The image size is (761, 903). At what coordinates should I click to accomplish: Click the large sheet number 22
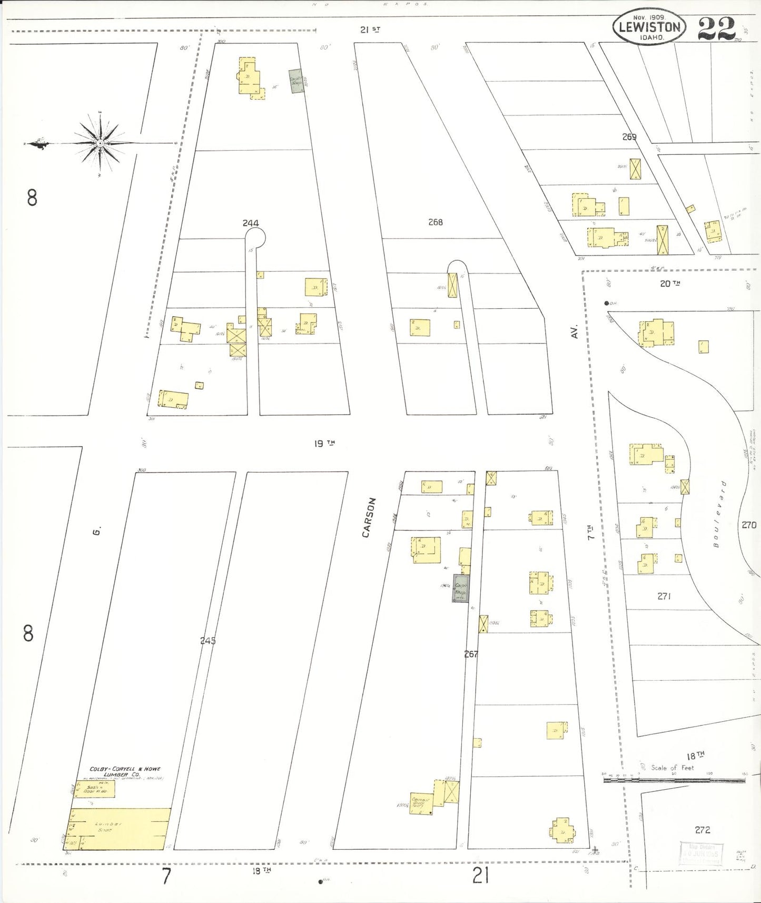point(716,28)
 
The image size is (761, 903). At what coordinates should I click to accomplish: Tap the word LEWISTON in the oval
point(649,27)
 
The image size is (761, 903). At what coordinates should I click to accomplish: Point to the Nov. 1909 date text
point(649,17)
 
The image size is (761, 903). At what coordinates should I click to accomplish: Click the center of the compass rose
point(100,143)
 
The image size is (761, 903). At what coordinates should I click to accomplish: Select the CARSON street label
point(369,517)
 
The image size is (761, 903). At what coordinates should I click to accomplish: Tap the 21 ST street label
point(370,30)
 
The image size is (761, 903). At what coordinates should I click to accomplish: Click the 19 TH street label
point(324,443)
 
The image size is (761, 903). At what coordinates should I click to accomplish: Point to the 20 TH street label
point(670,283)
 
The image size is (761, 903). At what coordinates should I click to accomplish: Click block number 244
point(251,223)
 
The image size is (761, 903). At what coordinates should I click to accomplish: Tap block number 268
point(435,222)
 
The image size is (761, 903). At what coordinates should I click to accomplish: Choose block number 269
point(629,137)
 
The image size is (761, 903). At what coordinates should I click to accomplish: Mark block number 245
point(208,641)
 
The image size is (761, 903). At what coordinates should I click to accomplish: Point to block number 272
point(703,830)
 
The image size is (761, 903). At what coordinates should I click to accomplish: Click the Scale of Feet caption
point(672,768)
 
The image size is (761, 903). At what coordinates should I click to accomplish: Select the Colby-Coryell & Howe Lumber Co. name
point(125,772)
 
